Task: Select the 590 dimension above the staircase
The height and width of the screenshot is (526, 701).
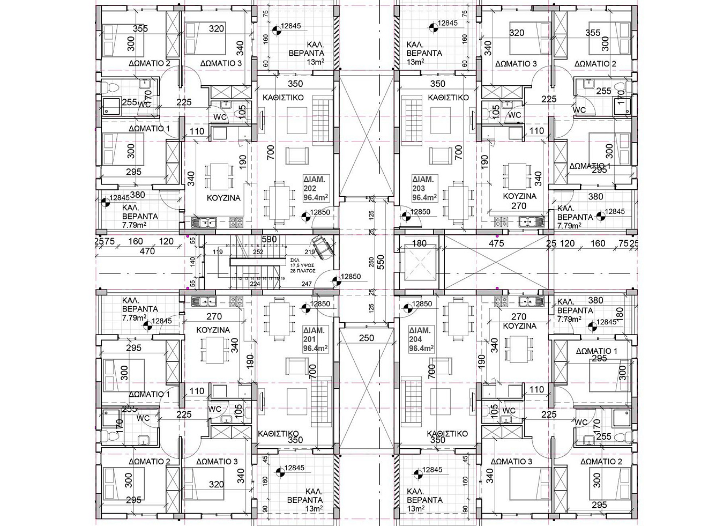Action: tap(269, 239)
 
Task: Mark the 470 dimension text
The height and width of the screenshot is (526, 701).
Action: tap(147, 250)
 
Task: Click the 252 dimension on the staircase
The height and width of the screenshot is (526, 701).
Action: tap(258, 251)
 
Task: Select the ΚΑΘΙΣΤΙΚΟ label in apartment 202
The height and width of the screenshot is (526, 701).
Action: tap(284, 98)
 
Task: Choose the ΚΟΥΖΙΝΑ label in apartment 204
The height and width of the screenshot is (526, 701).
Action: tap(520, 325)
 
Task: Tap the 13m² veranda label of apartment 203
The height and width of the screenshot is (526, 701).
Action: tap(415, 62)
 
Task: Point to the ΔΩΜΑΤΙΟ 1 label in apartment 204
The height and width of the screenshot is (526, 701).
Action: tap(596, 351)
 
